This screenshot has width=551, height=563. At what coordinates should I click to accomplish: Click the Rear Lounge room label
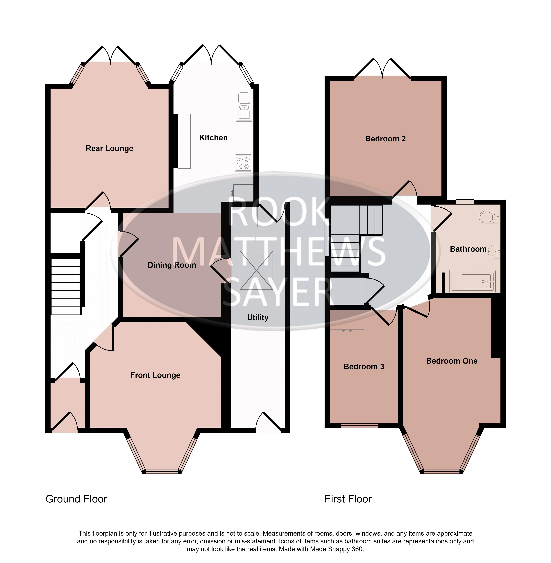(109, 148)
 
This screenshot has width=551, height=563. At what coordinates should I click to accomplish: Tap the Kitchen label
(213, 138)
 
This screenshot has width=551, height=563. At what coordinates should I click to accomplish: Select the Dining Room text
(172, 265)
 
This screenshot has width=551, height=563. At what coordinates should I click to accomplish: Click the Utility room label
(257, 317)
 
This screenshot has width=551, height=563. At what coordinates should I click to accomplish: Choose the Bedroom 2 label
(385, 139)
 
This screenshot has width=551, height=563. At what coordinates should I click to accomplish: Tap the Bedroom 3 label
(364, 367)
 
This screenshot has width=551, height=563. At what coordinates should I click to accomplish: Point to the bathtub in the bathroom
(472, 281)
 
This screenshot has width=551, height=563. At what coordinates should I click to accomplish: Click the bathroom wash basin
(494, 251)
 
